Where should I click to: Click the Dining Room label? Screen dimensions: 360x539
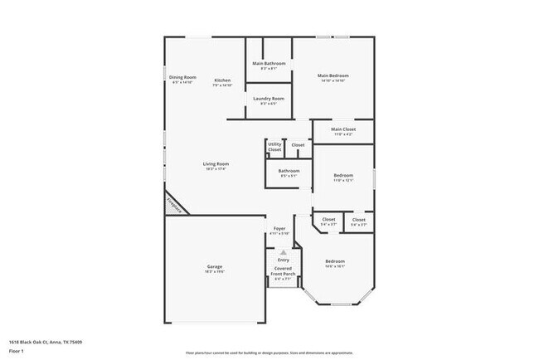pyautogui.click(x=182, y=77)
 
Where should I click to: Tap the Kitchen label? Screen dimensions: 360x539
pyautogui.click(x=222, y=80)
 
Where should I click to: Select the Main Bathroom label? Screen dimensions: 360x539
pyautogui.click(x=269, y=64)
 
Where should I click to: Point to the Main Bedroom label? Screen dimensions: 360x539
pyautogui.click(x=333, y=76)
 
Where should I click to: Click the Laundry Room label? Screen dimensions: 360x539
pyautogui.click(x=269, y=99)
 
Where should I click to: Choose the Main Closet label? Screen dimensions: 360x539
pyautogui.click(x=343, y=129)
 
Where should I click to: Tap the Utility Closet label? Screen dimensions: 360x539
pyautogui.click(x=274, y=147)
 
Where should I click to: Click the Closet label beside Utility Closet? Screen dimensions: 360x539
pyautogui.click(x=298, y=145)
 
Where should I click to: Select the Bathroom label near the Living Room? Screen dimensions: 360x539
pyautogui.click(x=289, y=171)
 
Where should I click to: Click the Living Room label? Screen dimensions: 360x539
pyautogui.click(x=216, y=164)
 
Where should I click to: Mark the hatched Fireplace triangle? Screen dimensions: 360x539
pyautogui.click(x=173, y=204)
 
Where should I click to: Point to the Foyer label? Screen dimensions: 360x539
pyautogui.click(x=279, y=229)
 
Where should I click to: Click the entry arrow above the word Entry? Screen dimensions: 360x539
pyautogui.click(x=284, y=251)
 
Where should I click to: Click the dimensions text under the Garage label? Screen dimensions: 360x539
pyautogui.click(x=215, y=272)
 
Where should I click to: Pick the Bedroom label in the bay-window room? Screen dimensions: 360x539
pyautogui.click(x=335, y=261)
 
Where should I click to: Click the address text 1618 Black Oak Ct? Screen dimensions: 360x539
pyautogui.click(x=46, y=341)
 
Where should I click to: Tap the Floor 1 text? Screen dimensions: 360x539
pyautogui.click(x=17, y=351)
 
